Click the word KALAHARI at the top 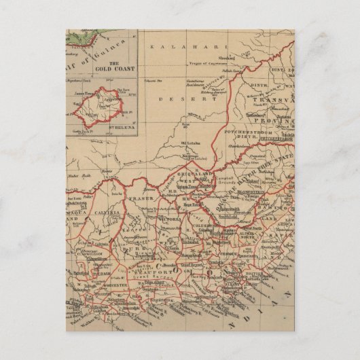click(x=173, y=45)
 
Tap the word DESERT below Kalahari click(x=173, y=99)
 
